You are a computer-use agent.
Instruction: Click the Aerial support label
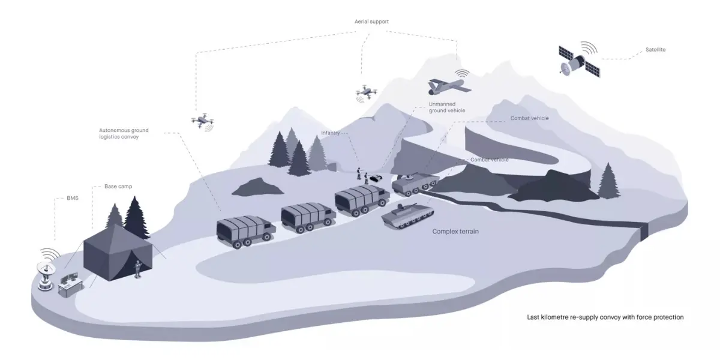pos(372,22)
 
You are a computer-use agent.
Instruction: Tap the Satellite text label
pos(655,50)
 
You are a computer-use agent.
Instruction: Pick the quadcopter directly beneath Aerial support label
pos(365,92)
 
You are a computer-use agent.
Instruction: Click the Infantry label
pos(331,133)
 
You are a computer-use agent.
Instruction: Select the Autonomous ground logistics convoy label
pos(124,133)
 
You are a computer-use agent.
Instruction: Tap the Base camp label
pos(118,187)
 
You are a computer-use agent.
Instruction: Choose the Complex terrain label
pos(455,231)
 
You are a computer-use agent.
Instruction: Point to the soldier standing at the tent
pos(139,269)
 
